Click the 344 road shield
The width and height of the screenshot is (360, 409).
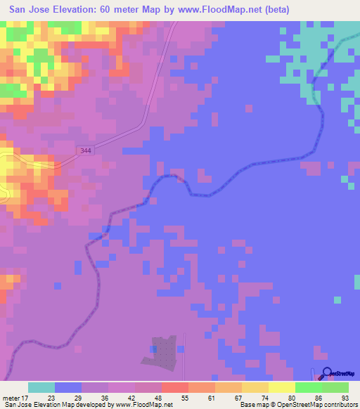click(x=86, y=150)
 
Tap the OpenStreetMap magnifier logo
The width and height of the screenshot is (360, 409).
click(x=326, y=375)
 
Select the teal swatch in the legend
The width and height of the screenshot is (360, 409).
click(x=41, y=387)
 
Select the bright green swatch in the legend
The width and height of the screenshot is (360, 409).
click(x=308, y=387)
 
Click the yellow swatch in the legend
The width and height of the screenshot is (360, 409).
click(x=281, y=387)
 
